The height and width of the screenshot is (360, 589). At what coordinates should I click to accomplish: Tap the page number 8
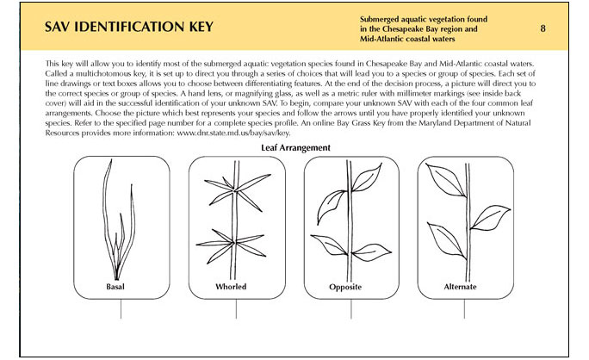point(543,28)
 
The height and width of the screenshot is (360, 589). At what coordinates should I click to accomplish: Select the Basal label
point(121,286)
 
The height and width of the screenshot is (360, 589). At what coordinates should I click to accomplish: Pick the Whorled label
point(232,286)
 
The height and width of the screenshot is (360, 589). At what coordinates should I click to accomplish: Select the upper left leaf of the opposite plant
point(331,203)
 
